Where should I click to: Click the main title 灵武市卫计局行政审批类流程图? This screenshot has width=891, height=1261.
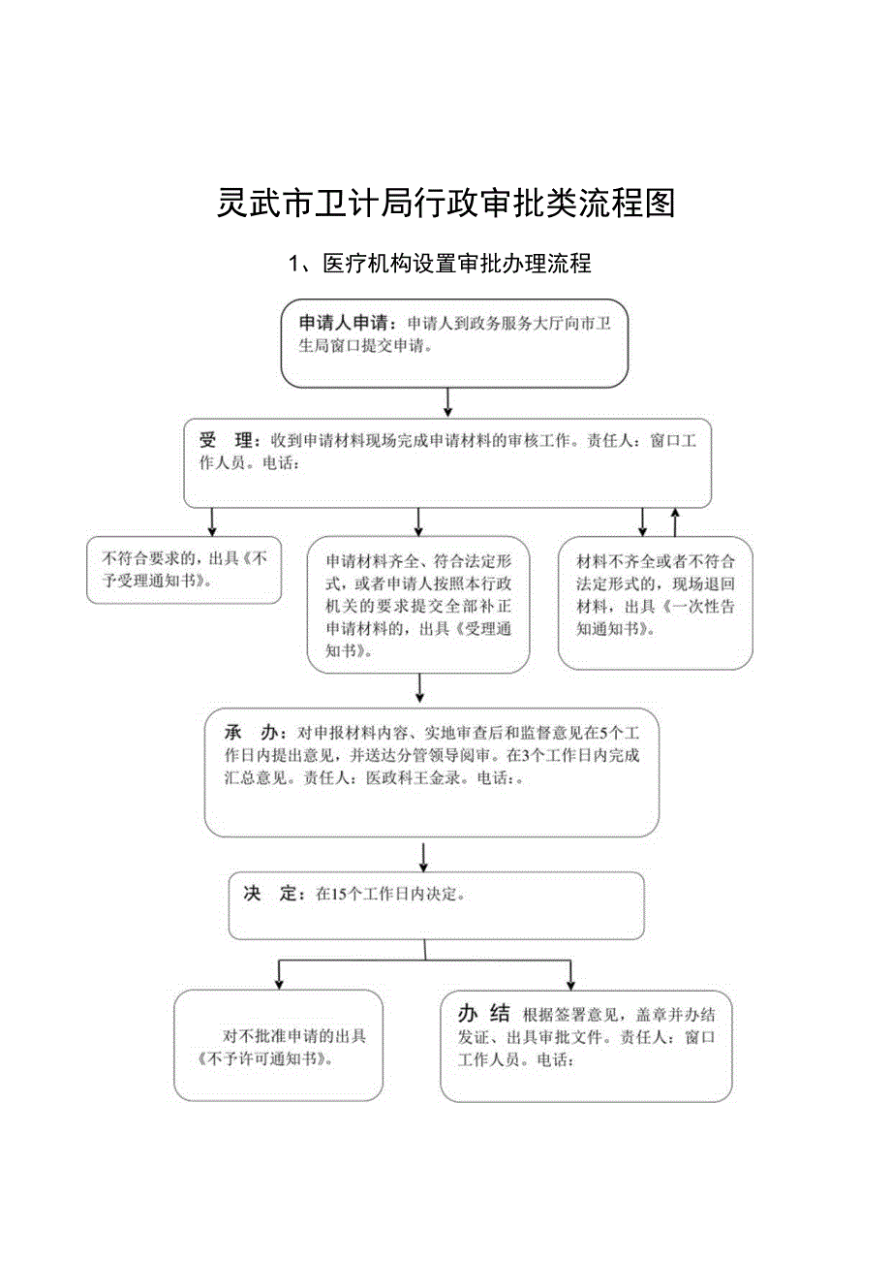coord(445,203)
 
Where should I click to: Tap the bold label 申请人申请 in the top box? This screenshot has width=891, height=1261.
coord(345,323)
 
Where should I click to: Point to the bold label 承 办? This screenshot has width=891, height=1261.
coord(251,732)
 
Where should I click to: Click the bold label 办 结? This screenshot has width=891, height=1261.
coord(484,1015)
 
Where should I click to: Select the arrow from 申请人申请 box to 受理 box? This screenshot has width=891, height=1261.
coord(447,402)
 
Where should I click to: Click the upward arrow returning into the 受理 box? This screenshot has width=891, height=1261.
coord(675,520)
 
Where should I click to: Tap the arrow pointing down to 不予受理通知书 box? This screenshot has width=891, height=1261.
coord(211,522)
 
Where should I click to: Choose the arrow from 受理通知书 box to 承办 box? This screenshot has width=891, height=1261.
coord(419,687)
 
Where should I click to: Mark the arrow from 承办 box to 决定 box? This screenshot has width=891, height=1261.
coord(423,856)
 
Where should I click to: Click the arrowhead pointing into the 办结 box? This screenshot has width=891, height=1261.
coord(570,981)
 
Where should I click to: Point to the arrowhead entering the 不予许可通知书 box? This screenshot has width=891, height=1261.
coord(279,981)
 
